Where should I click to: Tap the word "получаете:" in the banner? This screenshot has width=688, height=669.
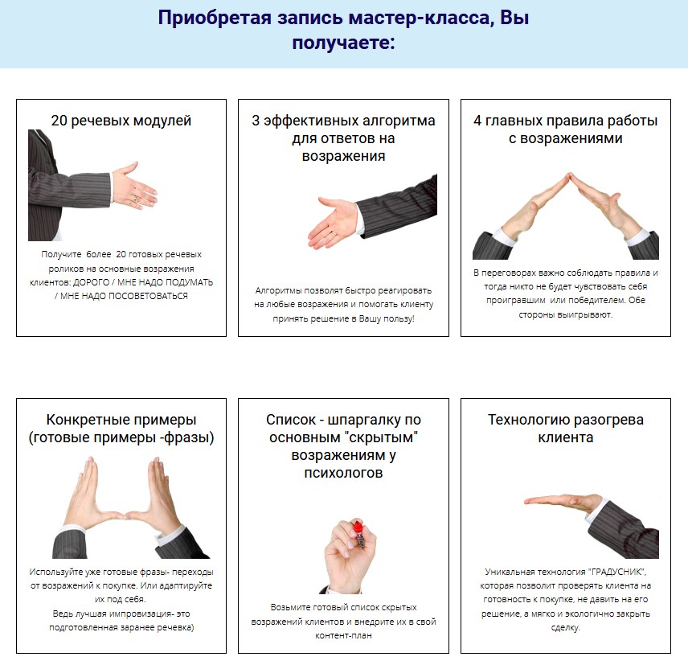(x=343, y=43)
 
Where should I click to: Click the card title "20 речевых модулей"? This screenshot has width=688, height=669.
(x=121, y=121)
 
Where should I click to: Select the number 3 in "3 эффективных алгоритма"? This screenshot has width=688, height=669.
(x=256, y=121)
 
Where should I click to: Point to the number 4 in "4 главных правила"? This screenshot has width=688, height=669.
(x=478, y=121)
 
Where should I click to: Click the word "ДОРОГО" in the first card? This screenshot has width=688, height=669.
(x=92, y=282)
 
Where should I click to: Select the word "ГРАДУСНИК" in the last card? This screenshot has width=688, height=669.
(x=617, y=572)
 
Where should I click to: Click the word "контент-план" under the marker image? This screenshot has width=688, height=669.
(x=343, y=635)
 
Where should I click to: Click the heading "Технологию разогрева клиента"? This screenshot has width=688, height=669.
(x=566, y=429)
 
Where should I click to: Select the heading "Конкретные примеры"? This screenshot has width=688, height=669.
(x=121, y=420)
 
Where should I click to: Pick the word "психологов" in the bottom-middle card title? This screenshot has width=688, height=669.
(x=343, y=473)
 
